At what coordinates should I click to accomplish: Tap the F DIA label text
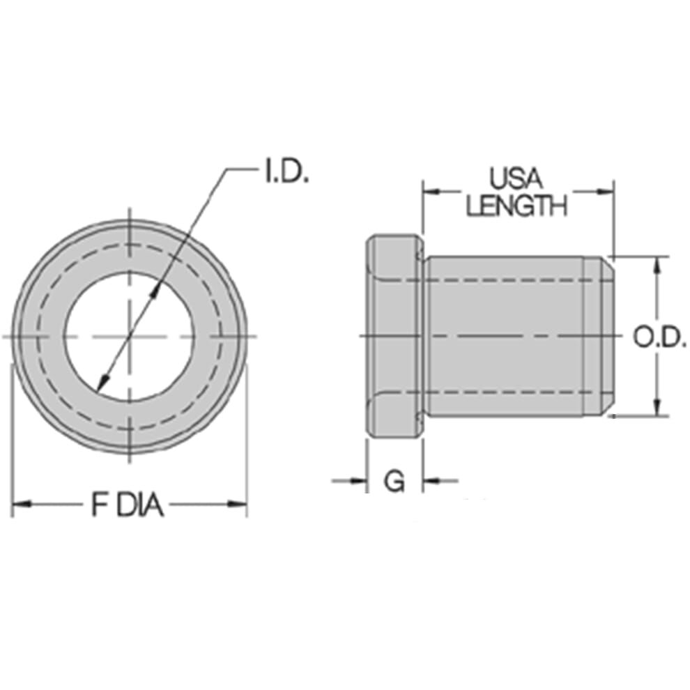tap(128, 505)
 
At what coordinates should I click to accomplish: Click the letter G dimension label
tap(394, 481)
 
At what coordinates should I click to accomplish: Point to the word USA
tap(516, 179)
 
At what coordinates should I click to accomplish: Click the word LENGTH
tap(516, 206)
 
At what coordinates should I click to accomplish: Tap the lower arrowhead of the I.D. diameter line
tap(103, 381)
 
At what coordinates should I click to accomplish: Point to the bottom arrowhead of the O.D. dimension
tap(657, 409)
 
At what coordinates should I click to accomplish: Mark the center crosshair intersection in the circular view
tap(130, 336)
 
